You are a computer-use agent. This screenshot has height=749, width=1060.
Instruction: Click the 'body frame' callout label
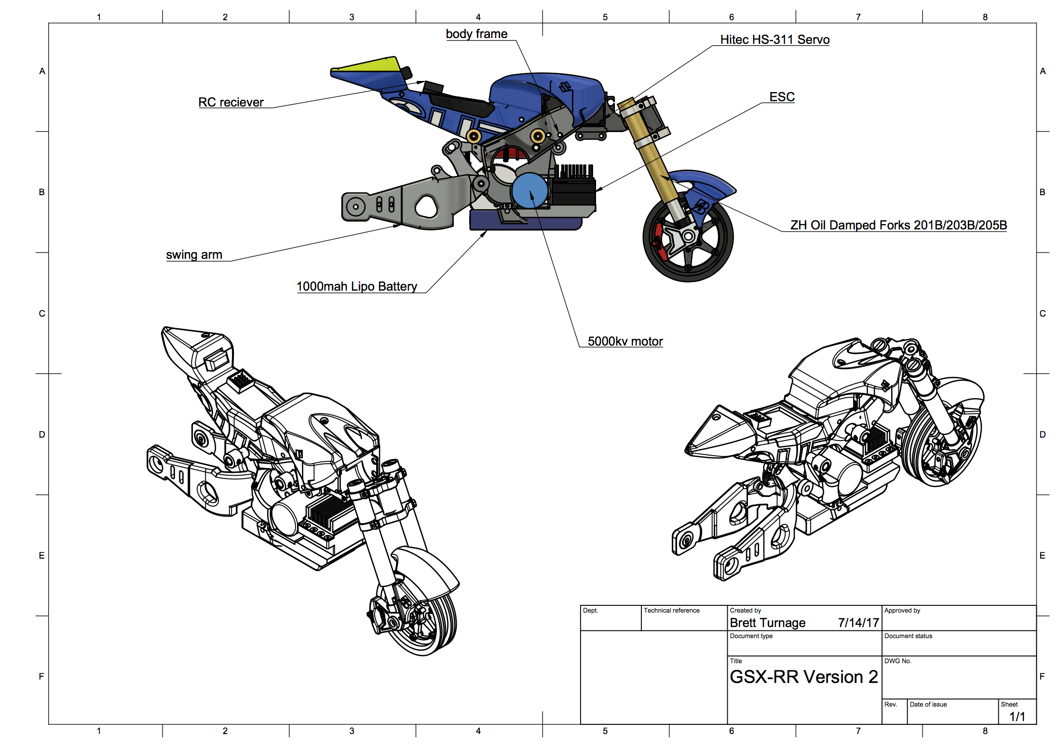pyautogui.click(x=476, y=34)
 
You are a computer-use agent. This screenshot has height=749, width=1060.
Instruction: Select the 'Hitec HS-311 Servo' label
pyautogui.click(x=775, y=40)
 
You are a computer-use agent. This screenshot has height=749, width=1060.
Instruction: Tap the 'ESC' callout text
pyautogui.click(x=782, y=97)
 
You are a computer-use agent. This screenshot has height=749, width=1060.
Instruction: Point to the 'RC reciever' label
pyautogui.click(x=231, y=102)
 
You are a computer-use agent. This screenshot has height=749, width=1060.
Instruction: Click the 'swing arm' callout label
pyautogui.click(x=194, y=254)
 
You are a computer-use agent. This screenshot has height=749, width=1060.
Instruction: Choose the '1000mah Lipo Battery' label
pyautogui.click(x=357, y=286)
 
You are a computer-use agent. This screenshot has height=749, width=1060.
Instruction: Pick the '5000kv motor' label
pyautogui.click(x=625, y=341)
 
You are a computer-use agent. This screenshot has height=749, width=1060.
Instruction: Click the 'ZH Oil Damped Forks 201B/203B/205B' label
pyautogui.click(x=898, y=225)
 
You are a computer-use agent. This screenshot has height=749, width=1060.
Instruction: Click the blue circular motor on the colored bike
pyautogui.click(x=530, y=191)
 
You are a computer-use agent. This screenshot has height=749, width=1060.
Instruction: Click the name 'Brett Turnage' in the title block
pyautogui.click(x=768, y=623)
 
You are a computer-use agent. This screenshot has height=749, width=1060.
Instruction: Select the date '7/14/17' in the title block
pyautogui.click(x=858, y=623)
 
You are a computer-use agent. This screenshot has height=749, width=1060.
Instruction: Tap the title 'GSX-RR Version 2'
pyautogui.click(x=804, y=677)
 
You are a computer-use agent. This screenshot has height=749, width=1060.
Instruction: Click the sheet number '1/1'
pyautogui.click(x=1017, y=717)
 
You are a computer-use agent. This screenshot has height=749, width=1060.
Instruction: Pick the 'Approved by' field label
pyautogui.click(x=902, y=610)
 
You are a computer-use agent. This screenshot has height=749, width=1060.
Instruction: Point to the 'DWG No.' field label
pyautogui.click(x=898, y=661)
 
